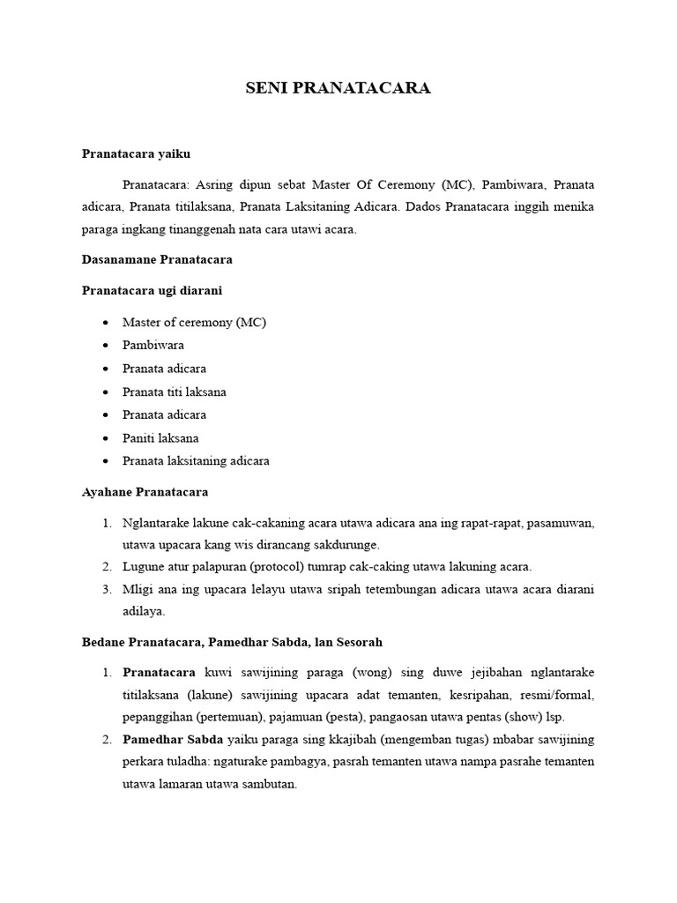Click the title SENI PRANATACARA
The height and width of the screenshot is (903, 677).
338,88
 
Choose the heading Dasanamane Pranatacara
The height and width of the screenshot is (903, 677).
156,260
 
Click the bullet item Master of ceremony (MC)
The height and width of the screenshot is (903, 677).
194,322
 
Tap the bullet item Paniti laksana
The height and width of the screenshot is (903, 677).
160,437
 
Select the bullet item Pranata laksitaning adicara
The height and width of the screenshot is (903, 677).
196,460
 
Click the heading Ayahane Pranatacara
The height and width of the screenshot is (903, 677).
145,491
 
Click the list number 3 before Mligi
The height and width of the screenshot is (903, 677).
106,588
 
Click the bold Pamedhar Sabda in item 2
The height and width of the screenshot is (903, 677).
167,738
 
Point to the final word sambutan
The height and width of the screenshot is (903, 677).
269,782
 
